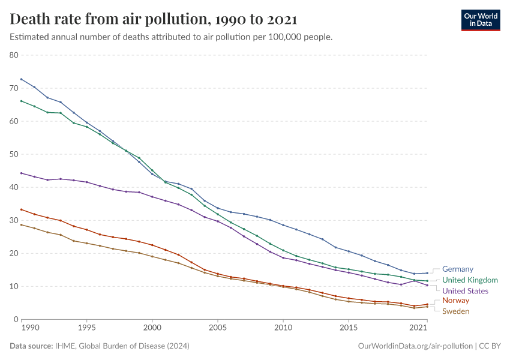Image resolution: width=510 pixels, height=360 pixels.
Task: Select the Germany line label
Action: pyautogui.click(x=457, y=269)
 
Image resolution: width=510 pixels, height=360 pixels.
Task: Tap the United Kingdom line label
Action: pyautogui.click(x=470, y=280)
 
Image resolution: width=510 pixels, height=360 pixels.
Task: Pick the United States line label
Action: pyautogui.click(x=465, y=291)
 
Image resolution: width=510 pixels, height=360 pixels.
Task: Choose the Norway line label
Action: pyautogui.click(x=455, y=301)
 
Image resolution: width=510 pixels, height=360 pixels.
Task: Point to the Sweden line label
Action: pyautogui.click(x=455, y=311)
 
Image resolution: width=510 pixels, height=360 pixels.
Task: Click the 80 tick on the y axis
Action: pyautogui.click(x=14, y=55)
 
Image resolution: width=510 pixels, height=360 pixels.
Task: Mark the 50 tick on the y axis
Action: pyautogui.click(x=14, y=154)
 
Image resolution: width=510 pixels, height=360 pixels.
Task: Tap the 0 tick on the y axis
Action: pyautogui.click(x=17, y=319)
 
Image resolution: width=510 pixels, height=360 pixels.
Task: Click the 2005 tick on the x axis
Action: pyautogui.click(x=217, y=329)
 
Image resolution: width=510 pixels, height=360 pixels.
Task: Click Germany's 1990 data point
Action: pyautogui.click(x=21, y=79)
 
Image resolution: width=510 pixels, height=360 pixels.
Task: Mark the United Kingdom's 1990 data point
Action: pyautogui.click(x=21, y=101)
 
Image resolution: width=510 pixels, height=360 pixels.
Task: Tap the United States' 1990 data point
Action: pyautogui.click(x=21, y=173)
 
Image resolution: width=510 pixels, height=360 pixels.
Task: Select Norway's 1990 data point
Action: pyautogui.click(x=21, y=209)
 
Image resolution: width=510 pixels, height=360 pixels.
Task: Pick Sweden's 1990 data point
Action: pyautogui.click(x=21, y=224)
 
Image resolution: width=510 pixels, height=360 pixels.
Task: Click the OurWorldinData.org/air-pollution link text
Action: pyautogui.click(x=414, y=346)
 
